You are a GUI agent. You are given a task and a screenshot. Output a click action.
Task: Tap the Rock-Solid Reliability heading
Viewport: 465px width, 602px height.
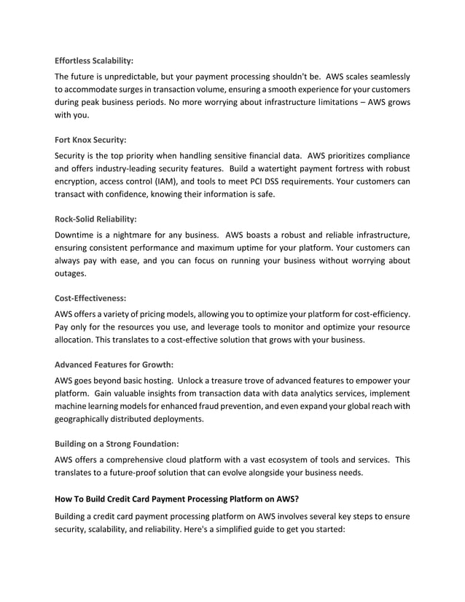95,218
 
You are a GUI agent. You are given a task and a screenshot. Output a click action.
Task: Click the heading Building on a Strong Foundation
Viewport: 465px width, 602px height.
117,443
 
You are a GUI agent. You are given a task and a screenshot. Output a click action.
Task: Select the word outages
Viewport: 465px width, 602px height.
71,274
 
